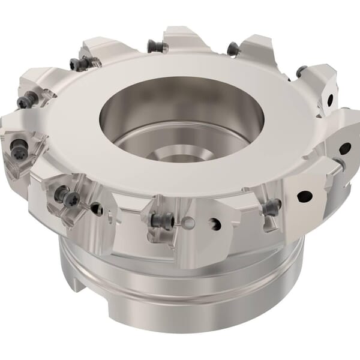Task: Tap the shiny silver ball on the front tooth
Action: point(190,224)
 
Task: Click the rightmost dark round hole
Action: point(344,148)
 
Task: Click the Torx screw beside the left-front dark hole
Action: point(72,198)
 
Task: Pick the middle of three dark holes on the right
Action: point(305,194)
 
